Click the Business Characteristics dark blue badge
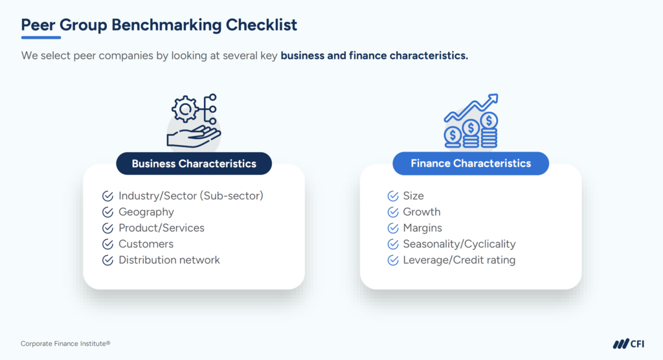[x=194, y=164]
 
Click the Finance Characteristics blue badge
[x=471, y=164]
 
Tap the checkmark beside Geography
[x=107, y=212]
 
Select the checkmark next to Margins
[x=392, y=228]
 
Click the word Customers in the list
[x=146, y=244]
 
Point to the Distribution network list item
[x=169, y=260]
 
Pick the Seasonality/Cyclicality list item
[x=459, y=244]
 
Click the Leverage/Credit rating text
[x=459, y=260]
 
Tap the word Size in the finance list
[x=413, y=196]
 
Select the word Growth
[x=421, y=212]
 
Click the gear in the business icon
[x=185, y=109]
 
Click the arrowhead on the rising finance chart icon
[x=493, y=99]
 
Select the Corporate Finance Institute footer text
[x=61, y=344]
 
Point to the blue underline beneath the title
[x=41, y=37]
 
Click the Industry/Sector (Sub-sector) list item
[x=191, y=196]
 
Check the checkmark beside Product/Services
[x=107, y=228]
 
